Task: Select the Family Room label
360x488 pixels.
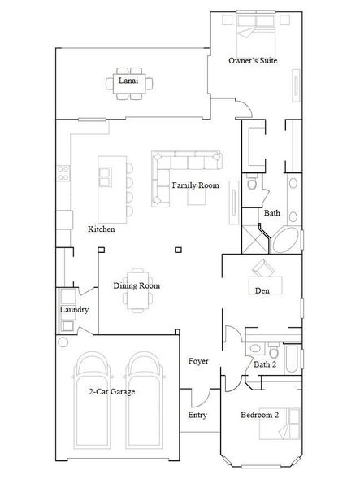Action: [x=195, y=185]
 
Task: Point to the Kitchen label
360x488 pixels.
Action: [x=101, y=229]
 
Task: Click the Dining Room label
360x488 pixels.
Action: [x=136, y=285]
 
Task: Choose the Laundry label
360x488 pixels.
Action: [x=74, y=310]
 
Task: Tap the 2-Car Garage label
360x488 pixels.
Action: [x=111, y=391]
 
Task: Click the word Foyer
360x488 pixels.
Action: [x=198, y=360]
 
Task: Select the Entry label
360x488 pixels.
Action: [x=197, y=415]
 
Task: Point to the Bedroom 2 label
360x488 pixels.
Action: [x=259, y=415]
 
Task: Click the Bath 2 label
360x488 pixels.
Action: [x=265, y=364]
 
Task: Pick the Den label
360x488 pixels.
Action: [x=262, y=290]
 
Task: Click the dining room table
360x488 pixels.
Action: [x=137, y=299]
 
